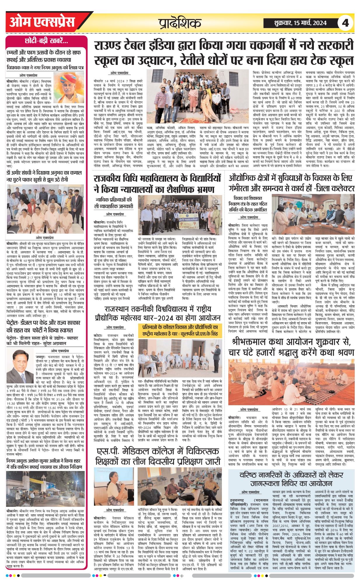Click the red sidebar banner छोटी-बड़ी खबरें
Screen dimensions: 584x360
(x=46, y=41)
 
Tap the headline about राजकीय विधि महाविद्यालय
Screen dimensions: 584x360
(x=158, y=183)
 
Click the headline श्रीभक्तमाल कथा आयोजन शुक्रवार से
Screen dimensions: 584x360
(x=292, y=347)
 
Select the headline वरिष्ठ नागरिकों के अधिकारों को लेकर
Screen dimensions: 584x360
(x=291, y=479)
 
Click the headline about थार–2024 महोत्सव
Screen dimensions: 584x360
(x=158, y=313)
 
